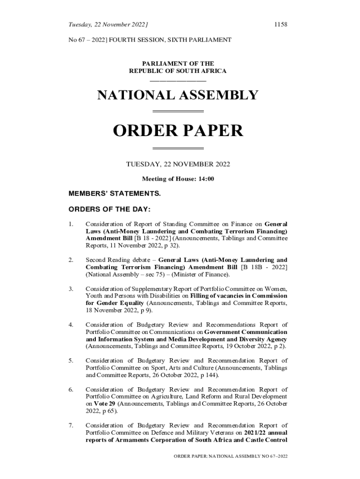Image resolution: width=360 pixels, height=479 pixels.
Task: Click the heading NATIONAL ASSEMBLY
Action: point(178,95)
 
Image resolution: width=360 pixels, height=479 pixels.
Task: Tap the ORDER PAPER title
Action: point(178,131)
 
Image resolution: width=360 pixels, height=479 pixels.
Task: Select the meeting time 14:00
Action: point(206,179)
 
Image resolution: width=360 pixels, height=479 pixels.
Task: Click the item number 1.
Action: point(71,224)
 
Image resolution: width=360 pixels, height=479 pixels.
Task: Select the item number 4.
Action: point(71,325)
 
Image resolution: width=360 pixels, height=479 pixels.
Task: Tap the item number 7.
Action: point(71,425)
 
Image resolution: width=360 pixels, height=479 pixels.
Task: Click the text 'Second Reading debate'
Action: point(120,260)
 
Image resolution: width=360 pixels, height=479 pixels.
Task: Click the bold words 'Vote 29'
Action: point(105,404)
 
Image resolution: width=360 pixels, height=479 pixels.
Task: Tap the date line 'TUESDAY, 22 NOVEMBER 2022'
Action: point(178,164)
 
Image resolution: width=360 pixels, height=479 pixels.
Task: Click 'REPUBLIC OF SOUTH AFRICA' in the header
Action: point(178,71)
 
